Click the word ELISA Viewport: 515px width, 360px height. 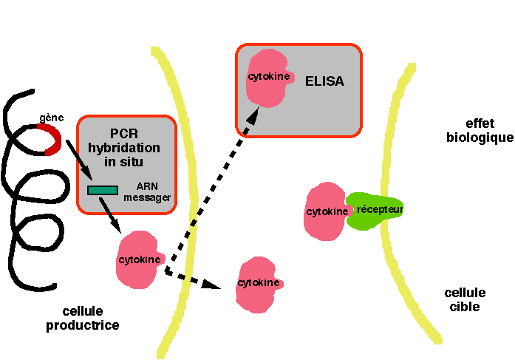[324, 81]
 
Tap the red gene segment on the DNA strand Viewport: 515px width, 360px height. [51, 139]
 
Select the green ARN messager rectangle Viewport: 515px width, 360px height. [102, 190]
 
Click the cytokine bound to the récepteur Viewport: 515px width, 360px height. [325, 212]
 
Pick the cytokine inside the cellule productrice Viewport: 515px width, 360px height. [137, 259]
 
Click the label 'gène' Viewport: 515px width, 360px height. [51, 118]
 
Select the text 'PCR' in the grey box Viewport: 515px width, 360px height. [126, 134]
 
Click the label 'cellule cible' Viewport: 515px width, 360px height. [465, 299]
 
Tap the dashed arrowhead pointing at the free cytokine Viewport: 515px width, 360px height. [215, 285]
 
